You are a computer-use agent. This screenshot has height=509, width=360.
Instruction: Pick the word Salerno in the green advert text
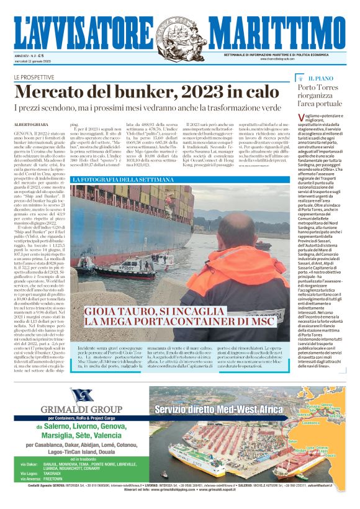[x=54, y=420]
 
